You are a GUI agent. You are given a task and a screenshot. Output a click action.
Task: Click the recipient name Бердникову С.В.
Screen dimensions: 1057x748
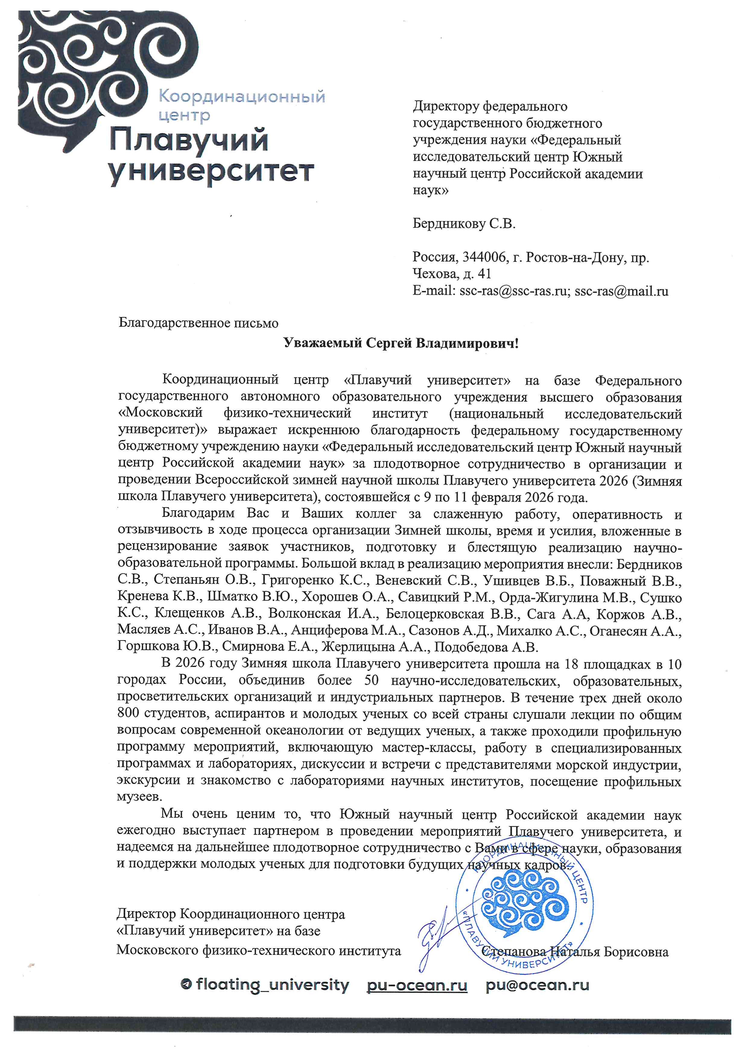point(464,224)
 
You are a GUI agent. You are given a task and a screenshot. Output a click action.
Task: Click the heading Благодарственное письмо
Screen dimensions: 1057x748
point(198,323)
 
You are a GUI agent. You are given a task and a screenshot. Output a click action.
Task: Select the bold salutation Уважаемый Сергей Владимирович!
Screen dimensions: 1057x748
point(401,343)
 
